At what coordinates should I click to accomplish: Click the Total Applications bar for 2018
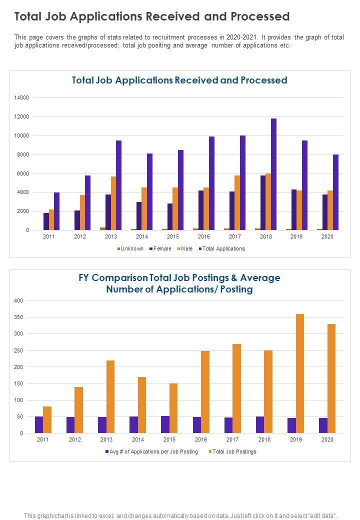coord(273,174)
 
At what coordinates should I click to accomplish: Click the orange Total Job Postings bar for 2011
coord(47,420)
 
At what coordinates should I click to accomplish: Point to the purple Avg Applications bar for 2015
coord(165,424)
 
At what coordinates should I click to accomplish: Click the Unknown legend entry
coord(130,248)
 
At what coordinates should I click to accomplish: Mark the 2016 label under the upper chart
coord(204,236)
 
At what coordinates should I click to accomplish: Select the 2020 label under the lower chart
coord(327,439)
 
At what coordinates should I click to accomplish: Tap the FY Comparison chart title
coord(179,283)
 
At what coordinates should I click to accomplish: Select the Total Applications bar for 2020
coord(335,192)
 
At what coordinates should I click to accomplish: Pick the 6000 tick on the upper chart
coord(22,173)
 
